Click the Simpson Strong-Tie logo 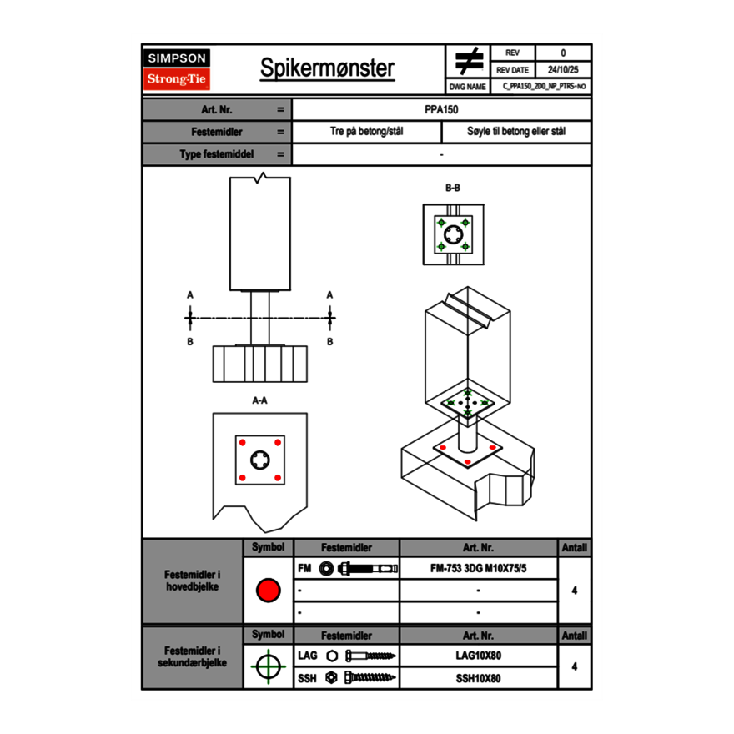[178, 69]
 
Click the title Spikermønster [327, 68]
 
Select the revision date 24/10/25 [563, 70]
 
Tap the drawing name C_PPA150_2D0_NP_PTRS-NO [545, 86]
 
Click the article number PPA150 [441, 109]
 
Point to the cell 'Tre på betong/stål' [367, 132]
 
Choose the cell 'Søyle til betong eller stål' [516, 132]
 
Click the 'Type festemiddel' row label [216, 154]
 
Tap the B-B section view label [452, 188]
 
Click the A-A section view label [259, 400]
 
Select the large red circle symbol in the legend [268, 591]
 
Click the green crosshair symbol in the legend [268, 666]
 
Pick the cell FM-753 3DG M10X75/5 [478, 569]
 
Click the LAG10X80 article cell [478, 656]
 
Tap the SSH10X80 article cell [478, 678]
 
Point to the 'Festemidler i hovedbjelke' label [193, 581]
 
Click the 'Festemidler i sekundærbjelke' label [193, 656]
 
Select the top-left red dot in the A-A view [242, 442]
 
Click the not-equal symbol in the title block [470, 62]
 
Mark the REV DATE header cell [513, 70]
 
